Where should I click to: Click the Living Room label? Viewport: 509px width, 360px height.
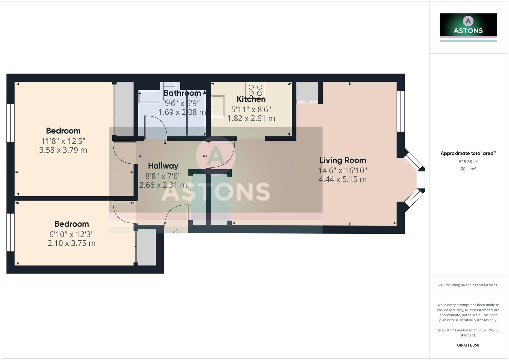coord(343,160)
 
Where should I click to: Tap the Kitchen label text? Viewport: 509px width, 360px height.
coord(251,99)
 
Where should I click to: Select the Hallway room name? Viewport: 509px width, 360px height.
coord(163,166)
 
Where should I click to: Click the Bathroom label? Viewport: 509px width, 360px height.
coord(182,93)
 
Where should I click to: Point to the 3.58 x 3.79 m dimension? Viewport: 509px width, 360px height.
coord(63,150)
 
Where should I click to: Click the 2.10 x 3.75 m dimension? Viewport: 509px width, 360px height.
coord(71,243)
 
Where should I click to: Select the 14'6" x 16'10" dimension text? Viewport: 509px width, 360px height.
coord(343,170)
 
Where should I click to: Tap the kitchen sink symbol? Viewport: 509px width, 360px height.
coord(218,106)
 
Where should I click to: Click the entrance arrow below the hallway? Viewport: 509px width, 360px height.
coord(176,232)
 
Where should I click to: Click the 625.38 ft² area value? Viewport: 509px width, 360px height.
coord(468,162)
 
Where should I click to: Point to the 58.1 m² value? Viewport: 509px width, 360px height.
coord(468,169)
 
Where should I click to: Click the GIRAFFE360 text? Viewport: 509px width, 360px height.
coord(468,345)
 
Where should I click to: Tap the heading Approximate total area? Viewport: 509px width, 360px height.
coord(467,153)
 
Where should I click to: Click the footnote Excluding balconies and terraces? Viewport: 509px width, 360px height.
coord(468,285)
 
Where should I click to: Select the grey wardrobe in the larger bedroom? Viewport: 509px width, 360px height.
coord(124,109)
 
